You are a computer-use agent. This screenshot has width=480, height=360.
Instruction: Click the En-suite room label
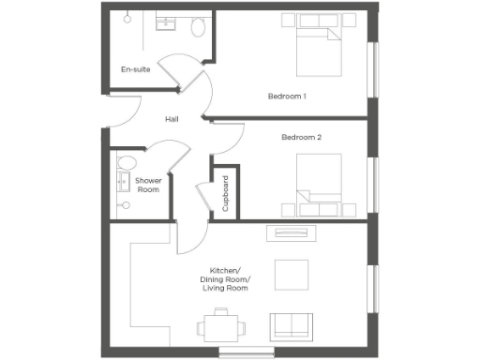(x=137, y=69)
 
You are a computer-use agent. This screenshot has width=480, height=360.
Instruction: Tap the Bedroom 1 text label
(x=288, y=97)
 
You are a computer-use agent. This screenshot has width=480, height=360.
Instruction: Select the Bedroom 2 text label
(x=302, y=138)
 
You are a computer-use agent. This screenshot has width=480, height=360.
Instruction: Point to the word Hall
(x=172, y=119)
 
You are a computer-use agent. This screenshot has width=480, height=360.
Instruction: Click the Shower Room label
(x=148, y=185)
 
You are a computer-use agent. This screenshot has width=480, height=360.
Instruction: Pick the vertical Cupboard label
(x=225, y=192)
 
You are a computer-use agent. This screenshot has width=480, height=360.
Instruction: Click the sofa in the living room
(x=292, y=325)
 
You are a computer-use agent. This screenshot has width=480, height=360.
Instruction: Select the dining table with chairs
(x=221, y=327)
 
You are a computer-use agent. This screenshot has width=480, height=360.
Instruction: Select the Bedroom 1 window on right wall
(x=375, y=70)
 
